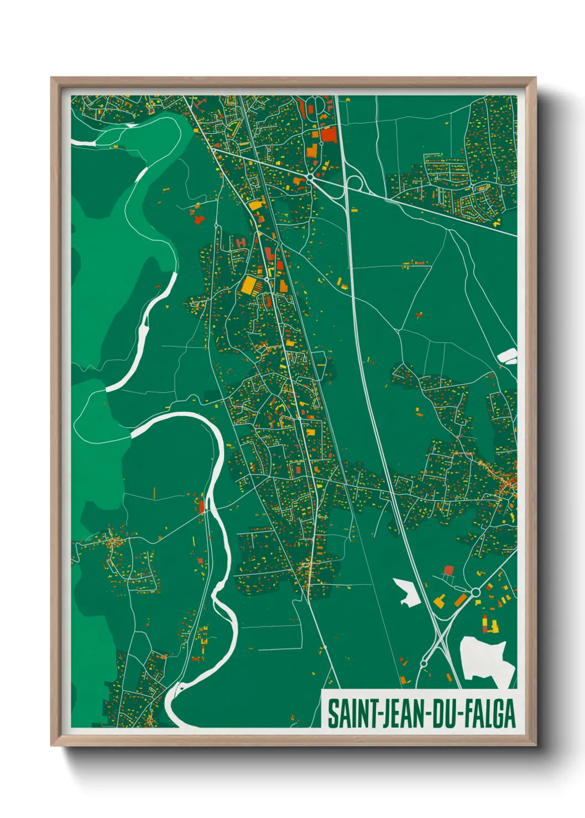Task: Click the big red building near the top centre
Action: pyautogui.click(x=328, y=135)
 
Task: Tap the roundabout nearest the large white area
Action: pyautogui.click(x=475, y=592)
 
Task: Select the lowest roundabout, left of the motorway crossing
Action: pyautogui.click(x=424, y=663)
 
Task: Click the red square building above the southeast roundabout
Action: pyautogui.click(x=448, y=570)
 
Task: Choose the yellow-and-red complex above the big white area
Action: pyautogui.click(x=490, y=625)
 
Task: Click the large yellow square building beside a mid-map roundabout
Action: pyautogui.click(x=249, y=285)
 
